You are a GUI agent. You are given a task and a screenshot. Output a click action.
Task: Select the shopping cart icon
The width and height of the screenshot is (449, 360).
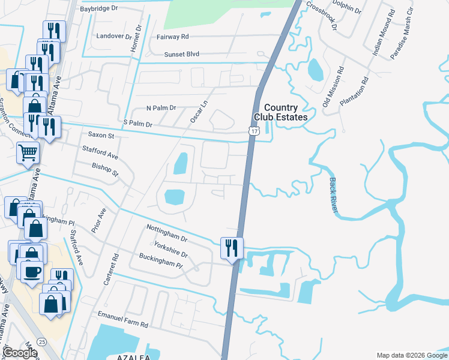[x=28, y=153]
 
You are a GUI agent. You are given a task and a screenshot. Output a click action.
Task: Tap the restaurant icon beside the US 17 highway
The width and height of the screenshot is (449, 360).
[x=231, y=247]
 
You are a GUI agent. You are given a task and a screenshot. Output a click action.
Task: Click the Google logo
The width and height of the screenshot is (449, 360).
[x=20, y=352]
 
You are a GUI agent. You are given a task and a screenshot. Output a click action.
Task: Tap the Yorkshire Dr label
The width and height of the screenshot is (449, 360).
[x=170, y=250]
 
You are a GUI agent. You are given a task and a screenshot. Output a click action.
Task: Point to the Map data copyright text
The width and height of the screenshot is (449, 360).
[x=411, y=355]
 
